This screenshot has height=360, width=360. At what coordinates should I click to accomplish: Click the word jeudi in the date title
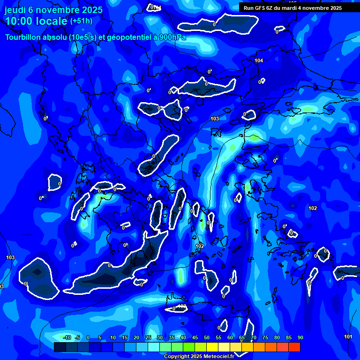17,10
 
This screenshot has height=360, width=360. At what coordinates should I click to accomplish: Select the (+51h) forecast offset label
81,21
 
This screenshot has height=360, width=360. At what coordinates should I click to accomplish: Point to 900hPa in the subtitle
172,37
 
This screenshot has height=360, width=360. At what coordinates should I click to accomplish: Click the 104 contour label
259,61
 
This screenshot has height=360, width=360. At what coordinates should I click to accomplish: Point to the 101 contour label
348,337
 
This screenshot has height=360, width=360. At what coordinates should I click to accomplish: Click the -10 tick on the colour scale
66,338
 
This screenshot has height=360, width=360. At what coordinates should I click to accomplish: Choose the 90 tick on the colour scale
300,338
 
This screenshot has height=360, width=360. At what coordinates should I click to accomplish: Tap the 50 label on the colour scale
207,338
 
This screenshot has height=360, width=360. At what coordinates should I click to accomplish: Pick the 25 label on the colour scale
148,338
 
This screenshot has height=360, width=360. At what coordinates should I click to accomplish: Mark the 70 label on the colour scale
254,338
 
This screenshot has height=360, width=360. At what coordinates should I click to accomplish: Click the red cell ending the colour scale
294,347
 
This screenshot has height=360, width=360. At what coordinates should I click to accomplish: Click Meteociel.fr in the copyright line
220,357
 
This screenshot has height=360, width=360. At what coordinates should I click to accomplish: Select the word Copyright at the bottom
176,357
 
